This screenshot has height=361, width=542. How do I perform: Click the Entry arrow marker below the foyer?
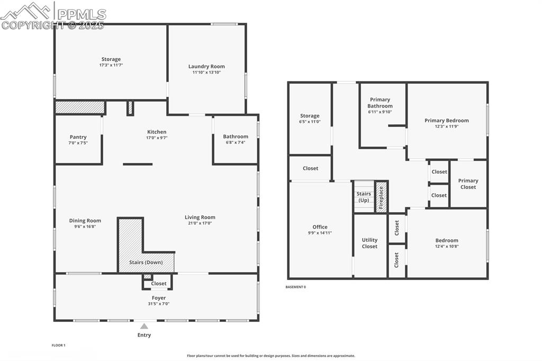[144, 327]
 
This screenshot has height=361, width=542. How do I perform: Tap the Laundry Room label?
[206, 67]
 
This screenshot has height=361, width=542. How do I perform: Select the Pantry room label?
[78, 137]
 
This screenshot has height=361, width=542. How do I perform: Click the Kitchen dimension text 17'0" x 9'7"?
[157, 138]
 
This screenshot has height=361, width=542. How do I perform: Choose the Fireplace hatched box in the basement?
[381, 197]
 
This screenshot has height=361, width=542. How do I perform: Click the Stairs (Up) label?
[364, 197]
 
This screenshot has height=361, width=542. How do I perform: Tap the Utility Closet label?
[369, 243]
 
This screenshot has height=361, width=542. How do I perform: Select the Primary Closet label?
[468, 184]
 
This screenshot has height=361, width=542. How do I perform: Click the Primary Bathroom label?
[380, 103]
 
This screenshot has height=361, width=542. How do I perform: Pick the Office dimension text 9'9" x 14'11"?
[320, 233]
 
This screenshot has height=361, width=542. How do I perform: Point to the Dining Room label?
[85, 221]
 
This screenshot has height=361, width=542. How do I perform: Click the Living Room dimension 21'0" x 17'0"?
[200, 223]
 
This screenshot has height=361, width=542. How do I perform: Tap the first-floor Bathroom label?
[236, 137]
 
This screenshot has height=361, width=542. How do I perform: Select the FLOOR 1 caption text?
[58, 345]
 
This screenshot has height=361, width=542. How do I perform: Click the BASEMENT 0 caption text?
[295, 287]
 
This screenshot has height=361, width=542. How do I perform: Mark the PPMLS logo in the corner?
[53, 16]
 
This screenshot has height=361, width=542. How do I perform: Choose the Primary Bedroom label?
[446, 121]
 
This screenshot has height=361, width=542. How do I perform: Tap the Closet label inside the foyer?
[158, 284]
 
